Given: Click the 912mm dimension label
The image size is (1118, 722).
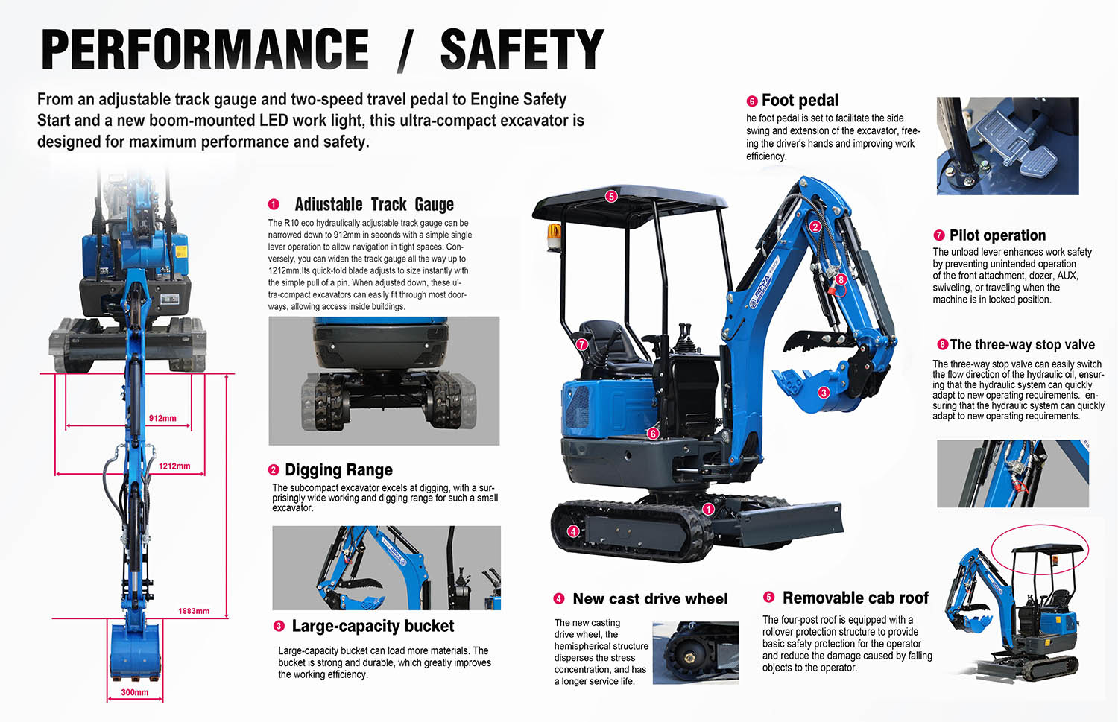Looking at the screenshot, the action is (x=162, y=418).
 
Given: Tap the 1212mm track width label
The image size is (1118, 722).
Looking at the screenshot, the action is (x=174, y=466).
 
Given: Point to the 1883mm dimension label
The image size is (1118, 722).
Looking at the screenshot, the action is (x=194, y=611).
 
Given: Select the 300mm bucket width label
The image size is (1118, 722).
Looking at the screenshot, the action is (x=134, y=692).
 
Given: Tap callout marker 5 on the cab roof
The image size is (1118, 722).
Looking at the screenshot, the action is (x=611, y=197).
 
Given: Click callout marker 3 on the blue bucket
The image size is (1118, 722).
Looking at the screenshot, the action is (x=824, y=393).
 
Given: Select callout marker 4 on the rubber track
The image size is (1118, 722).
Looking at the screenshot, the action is (x=573, y=531).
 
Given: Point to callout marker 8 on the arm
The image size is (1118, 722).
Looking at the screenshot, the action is (x=841, y=279).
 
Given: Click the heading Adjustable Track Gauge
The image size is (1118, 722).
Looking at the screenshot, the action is (x=374, y=205).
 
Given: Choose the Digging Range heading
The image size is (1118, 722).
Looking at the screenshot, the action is (x=338, y=470).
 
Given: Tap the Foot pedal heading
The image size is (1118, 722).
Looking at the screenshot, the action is (x=800, y=101).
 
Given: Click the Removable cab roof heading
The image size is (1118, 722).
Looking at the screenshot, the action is (x=855, y=598).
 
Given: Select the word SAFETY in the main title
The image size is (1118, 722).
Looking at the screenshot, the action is (x=522, y=49).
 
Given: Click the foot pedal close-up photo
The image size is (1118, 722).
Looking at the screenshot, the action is (x=1008, y=146).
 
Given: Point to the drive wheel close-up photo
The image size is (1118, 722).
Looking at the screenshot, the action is (x=695, y=653).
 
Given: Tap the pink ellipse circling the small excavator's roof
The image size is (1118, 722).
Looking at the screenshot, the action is (x=1040, y=525).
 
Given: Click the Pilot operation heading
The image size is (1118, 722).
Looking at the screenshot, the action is (x=997, y=235).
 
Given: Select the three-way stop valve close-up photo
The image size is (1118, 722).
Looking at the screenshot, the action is (x=1013, y=474).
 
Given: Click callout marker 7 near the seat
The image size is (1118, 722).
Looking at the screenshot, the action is (x=581, y=344).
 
